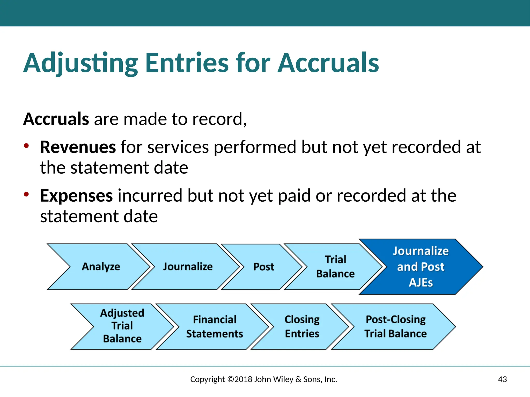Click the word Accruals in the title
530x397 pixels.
click(328, 63)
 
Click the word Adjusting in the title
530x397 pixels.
click(81, 63)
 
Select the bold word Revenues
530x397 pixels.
click(78, 147)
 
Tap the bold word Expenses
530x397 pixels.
click(76, 196)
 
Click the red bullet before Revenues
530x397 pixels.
click(26, 146)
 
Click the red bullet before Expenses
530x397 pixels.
click(26, 194)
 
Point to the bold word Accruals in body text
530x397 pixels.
click(56, 119)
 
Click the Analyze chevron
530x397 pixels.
click(101, 267)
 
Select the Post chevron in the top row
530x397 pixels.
click(263, 267)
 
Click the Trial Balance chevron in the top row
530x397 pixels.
click(335, 267)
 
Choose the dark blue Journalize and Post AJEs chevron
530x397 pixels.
click(421, 267)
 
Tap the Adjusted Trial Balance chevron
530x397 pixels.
click(122, 326)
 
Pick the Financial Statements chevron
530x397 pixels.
click(215, 327)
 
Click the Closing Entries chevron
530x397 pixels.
click(302, 327)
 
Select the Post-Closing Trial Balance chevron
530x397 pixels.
click(395, 327)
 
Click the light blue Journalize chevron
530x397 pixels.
click(188, 267)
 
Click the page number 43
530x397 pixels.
click(502, 379)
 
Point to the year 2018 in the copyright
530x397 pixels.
click(243, 379)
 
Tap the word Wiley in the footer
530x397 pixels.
click(283, 379)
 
